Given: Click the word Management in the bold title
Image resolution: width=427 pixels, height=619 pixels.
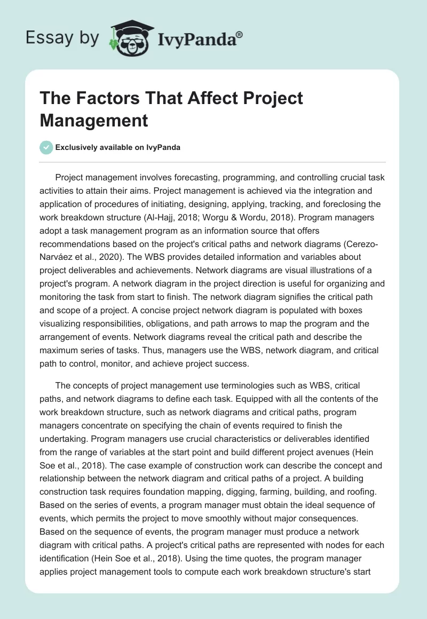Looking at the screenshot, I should (94, 120).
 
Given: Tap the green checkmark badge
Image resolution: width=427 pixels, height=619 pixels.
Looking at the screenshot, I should (46, 147).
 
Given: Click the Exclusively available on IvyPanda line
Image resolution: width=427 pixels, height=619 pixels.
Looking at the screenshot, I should (117, 148).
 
